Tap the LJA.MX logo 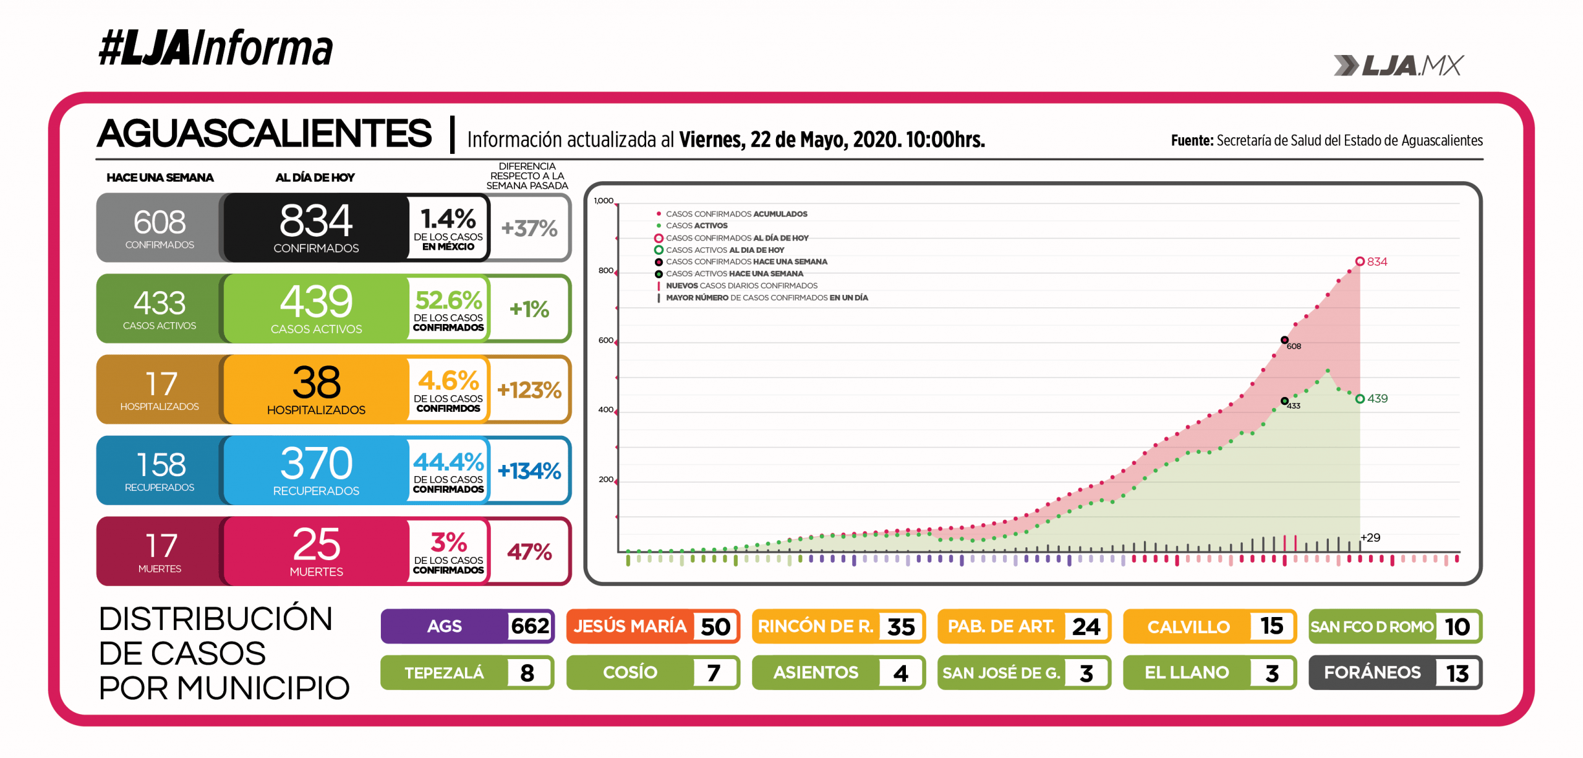click(1399, 66)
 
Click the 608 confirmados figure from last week click(160, 222)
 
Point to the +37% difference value click(529, 228)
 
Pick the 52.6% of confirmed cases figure click(448, 300)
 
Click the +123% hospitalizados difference click(529, 390)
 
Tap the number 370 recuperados click(316, 464)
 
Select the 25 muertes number click(316, 545)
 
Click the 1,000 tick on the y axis click(604, 201)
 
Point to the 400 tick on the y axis click(606, 410)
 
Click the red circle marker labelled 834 click(1360, 262)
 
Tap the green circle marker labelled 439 click(1360, 399)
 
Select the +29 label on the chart click(1370, 538)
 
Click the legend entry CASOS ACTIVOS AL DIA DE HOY click(725, 250)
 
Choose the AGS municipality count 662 click(530, 626)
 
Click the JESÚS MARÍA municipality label click(630, 626)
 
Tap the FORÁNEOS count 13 click(1457, 673)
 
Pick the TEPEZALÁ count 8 click(527, 673)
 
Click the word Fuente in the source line click(1192, 141)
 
